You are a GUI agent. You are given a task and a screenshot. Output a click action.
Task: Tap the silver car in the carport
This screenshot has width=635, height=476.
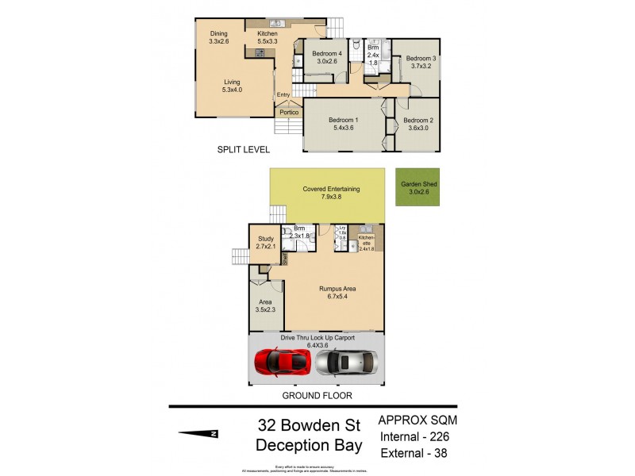(x=344, y=363)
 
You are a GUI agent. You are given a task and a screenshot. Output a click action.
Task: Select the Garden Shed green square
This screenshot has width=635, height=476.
(x=418, y=187)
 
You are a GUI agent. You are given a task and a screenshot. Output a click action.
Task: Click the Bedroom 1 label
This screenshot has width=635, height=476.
(x=344, y=120)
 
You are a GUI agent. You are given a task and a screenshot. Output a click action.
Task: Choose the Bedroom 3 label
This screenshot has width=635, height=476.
(x=421, y=58)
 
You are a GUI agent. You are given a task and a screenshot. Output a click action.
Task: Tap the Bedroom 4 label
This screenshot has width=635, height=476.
(x=326, y=53)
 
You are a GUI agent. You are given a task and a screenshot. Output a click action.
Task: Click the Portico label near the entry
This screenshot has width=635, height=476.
(x=289, y=113)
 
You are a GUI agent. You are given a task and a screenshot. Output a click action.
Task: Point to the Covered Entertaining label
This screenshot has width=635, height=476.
(x=332, y=189)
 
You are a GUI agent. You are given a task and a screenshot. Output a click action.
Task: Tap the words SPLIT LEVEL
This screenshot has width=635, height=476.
(x=244, y=149)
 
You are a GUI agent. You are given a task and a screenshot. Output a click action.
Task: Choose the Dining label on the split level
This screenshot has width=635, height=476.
(x=219, y=33)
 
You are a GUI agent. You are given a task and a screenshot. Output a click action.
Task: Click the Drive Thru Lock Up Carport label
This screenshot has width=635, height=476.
(x=317, y=337)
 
